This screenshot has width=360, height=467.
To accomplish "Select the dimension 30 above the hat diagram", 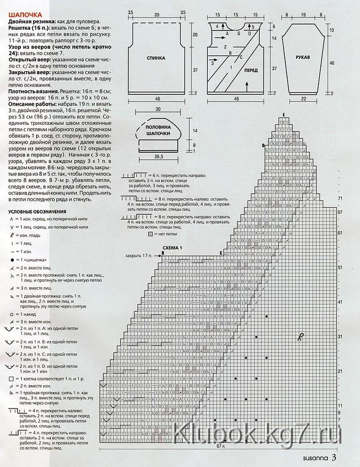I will pyautogui.click(x=158, y=110).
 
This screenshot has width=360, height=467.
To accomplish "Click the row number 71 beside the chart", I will pyautogui.click(x=340, y=199).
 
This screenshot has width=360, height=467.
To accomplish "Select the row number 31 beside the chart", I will pyautogui.click(x=340, y=337).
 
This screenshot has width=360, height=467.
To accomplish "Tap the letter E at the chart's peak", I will pyautogui.click(x=284, y=113).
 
